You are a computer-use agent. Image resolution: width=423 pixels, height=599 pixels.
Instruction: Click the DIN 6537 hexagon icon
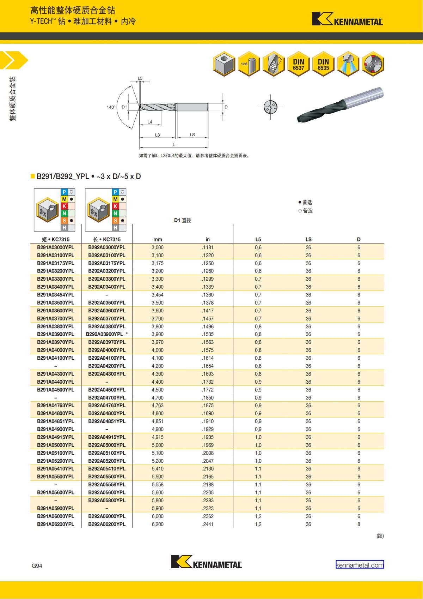pos(299,64)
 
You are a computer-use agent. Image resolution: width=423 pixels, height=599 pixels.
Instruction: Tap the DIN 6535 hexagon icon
pos(323,64)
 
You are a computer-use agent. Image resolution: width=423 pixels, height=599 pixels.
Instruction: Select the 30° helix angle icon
pos(274,64)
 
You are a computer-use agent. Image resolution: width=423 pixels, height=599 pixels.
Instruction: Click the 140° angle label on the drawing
pos(111,107)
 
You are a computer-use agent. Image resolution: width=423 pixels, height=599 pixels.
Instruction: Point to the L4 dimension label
pos(150,122)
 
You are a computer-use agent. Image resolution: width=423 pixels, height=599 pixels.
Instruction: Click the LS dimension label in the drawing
pos(192,134)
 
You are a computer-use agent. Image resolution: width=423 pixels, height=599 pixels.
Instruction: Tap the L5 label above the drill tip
pos(140,78)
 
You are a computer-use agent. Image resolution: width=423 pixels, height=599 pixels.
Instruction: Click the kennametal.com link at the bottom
pos(360,565)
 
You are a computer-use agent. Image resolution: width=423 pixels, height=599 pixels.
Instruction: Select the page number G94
pos(37,565)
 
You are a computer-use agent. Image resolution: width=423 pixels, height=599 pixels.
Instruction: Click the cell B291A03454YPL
pos(56,295)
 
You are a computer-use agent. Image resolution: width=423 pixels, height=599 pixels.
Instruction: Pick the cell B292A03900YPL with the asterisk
pos(107,334)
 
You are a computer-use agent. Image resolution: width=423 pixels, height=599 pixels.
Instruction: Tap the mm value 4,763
pos(158,405)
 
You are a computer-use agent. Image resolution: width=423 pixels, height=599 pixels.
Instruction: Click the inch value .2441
pos(208,524)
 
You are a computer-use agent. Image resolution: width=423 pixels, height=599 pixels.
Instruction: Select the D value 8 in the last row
pos(359,524)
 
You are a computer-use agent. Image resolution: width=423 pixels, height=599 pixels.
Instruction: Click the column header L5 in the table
pos(258,239)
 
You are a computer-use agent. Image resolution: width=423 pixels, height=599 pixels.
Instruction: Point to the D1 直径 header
pos(183,220)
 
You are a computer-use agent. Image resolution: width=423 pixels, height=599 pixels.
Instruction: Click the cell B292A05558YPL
pos(107,484)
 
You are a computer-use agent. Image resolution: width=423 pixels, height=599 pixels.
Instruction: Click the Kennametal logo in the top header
pos(347,19)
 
